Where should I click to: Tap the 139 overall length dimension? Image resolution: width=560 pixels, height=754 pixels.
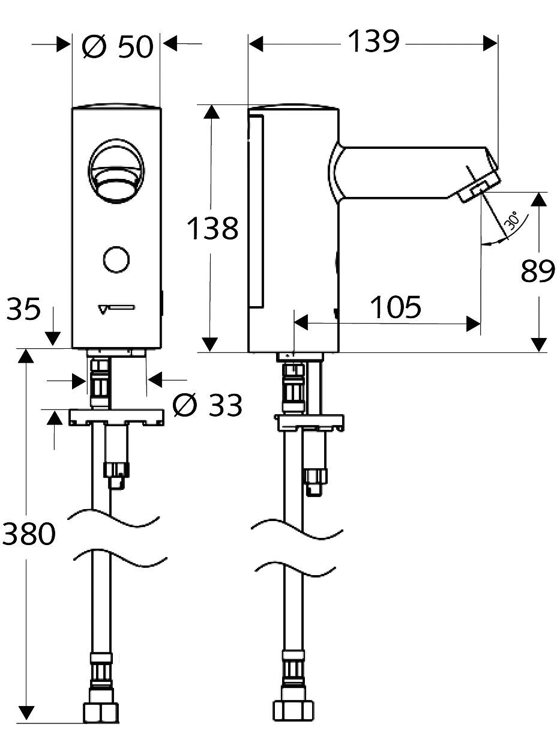374,41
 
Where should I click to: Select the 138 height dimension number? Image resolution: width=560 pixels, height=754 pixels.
212,229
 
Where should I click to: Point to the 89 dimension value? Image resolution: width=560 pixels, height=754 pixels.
538,271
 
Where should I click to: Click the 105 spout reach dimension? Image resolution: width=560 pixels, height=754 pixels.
396,307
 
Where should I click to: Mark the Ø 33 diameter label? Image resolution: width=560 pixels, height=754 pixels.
208,405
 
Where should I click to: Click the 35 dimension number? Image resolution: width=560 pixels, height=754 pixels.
23,309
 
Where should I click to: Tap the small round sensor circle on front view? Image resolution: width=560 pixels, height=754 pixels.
116,259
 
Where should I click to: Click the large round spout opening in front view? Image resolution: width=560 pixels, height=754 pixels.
116,170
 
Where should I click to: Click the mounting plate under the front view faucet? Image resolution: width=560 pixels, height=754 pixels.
116,417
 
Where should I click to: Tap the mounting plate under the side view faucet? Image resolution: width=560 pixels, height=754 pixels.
309,423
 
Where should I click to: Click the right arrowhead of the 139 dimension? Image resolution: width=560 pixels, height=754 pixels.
490,44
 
